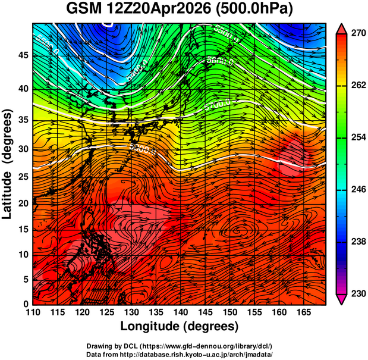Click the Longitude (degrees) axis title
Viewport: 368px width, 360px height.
(180, 327)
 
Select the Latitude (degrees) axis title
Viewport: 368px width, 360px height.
(9, 164)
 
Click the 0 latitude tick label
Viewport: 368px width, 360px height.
(26, 304)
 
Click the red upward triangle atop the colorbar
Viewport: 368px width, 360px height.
(341, 27)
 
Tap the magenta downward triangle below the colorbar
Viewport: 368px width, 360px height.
(341, 299)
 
